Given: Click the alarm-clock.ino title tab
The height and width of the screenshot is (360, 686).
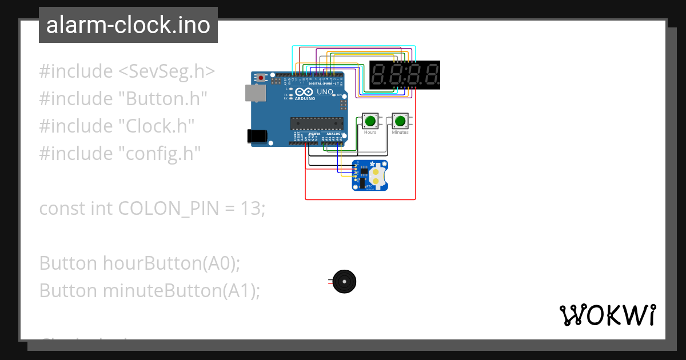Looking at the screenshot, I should [128, 25].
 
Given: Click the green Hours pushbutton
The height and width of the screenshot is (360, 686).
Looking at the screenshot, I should [370, 121].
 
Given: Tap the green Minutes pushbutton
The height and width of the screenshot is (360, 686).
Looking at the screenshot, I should [400, 121].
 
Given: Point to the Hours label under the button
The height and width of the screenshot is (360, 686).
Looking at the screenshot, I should [370, 132].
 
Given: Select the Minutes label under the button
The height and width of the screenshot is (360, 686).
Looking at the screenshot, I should [400, 132].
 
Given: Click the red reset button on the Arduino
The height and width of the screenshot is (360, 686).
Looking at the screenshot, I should [261, 78].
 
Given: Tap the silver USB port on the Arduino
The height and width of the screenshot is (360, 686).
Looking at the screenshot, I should [252, 93].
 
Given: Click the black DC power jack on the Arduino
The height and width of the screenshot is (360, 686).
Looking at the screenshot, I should [256, 135].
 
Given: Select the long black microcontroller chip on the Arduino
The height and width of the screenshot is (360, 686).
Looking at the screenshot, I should [317, 123].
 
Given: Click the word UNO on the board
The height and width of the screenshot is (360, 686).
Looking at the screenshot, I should [325, 91].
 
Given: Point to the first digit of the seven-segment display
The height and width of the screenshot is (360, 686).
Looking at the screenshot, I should [380, 75].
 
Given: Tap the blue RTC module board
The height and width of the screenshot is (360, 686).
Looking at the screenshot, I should [369, 175].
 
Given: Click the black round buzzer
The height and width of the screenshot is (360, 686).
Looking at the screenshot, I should [344, 282].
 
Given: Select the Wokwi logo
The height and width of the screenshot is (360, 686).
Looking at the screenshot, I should [607, 314].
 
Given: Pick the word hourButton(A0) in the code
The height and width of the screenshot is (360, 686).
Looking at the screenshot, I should [169, 263].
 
